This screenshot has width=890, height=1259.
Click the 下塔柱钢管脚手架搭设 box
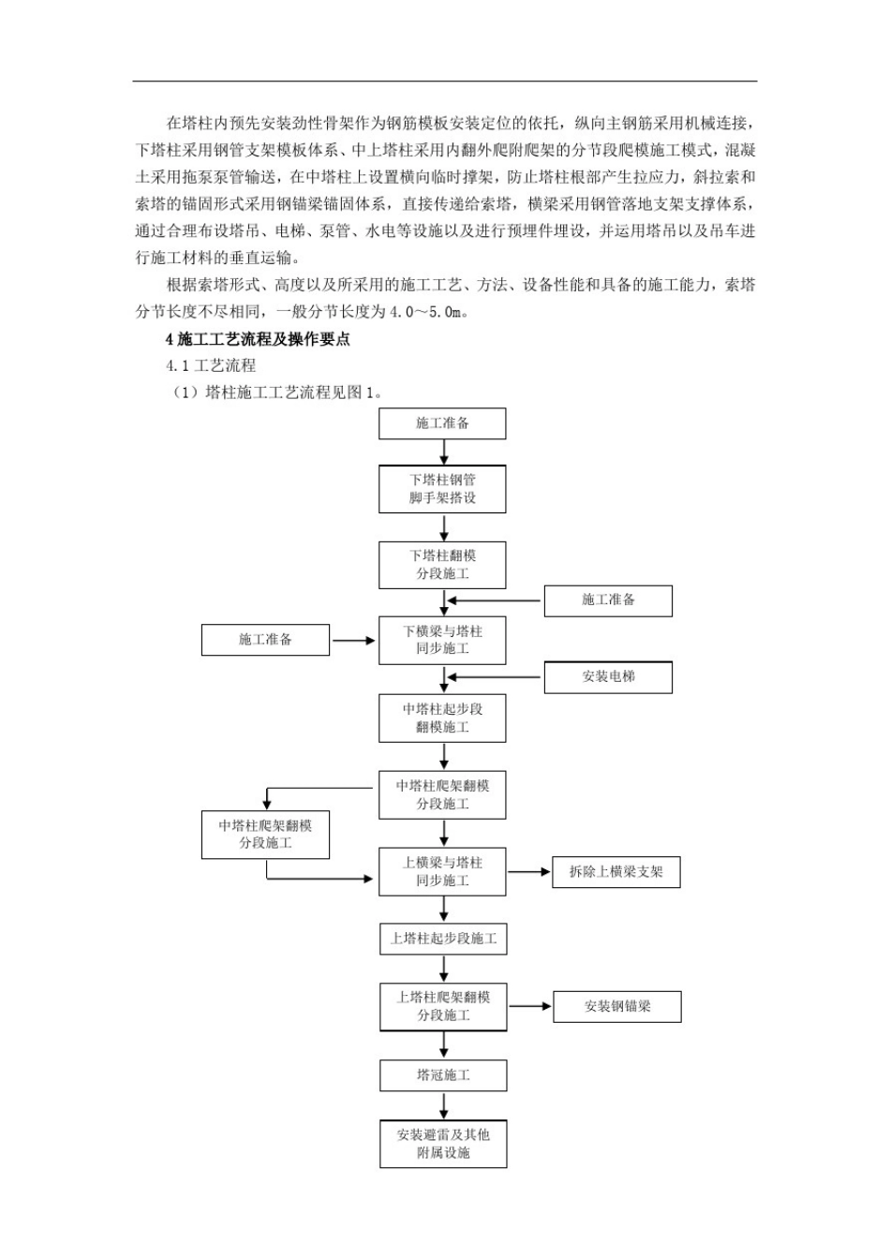pyautogui.click(x=442, y=488)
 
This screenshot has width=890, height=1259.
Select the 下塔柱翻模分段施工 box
pyautogui.click(x=442, y=565)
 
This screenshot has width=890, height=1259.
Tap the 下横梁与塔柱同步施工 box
pyautogui.click(x=442, y=640)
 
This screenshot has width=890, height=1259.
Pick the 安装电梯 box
pyautogui.click(x=608, y=676)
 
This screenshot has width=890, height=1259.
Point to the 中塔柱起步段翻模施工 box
pyautogui.click(x=442, y=718)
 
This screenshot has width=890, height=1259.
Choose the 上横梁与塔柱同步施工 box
pyautogui.click(x=442, y=871)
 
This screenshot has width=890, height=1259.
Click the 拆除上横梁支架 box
pyautogui.click(x=616, y=872)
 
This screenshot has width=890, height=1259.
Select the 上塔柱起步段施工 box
pyautogui.click(x=443, y=939)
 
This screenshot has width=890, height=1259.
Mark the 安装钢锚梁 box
pyautogui.click(x=616, y=1006)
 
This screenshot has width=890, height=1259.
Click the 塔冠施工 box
pyautogui.click(x=443, y=1075)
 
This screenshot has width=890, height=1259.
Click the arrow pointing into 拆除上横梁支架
pyautogui.click(x=529, y=872)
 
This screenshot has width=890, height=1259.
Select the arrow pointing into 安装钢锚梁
pyautogui.click(x=530, y=1006)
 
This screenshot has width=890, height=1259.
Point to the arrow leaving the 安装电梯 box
pyautogui.click(x=495, y=677)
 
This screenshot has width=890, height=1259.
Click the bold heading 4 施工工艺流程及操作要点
pyautogui.click(x=258, y=339)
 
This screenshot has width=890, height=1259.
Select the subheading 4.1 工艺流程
pyautogui.click(x=211, y=366)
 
